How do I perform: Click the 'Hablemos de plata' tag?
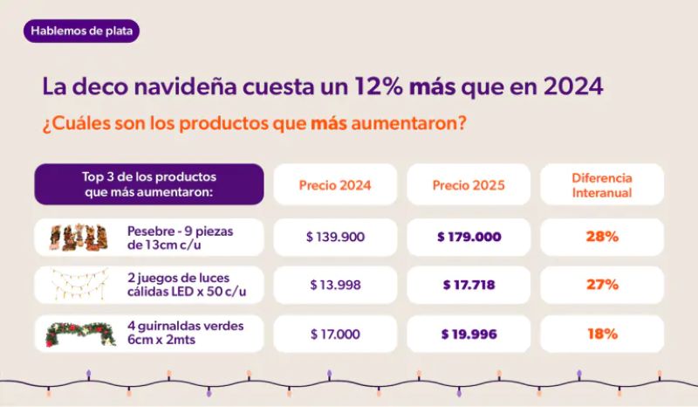[83, 31]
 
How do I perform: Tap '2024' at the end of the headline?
[571, 87]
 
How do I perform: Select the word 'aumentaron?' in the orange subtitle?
[407, 123]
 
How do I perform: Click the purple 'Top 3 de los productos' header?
[149, 184]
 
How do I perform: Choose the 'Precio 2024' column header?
[335, 185]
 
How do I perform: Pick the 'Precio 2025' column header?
[469, 185]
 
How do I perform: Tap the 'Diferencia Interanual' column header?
[602, 185]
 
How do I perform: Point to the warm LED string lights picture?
[79, 285]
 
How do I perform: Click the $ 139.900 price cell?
[335, 237]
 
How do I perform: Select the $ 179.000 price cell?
[469, 237]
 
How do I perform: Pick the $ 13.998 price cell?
[335, 285]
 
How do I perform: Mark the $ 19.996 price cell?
[469, 334]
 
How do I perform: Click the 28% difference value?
[602, 237]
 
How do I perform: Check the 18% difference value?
[602, 334]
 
